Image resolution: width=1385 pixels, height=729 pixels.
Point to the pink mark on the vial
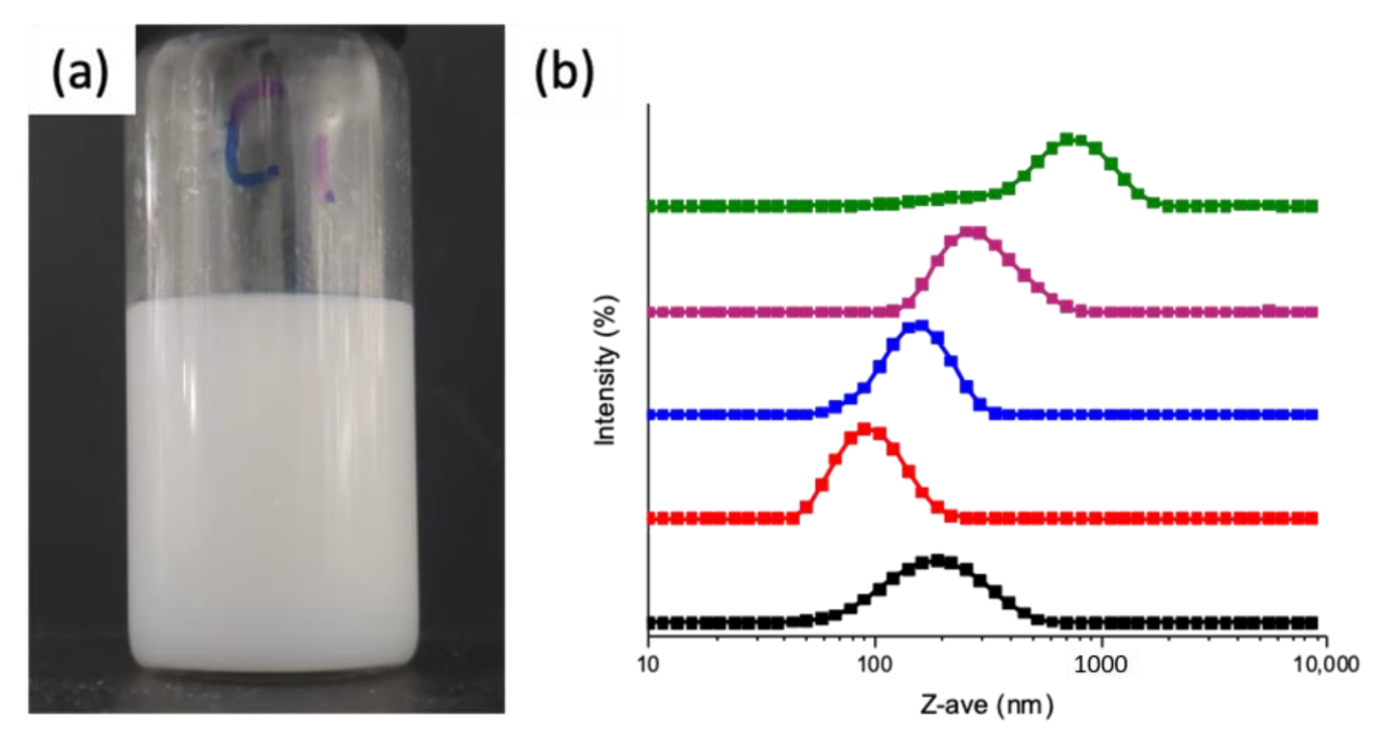[324, 167]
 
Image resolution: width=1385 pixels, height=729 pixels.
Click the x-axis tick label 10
[648, 664]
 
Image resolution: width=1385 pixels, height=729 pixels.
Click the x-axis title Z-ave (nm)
[987, 704]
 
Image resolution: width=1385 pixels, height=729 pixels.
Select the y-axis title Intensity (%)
[606, 371]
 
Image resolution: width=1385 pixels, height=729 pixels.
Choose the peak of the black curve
[937, 560]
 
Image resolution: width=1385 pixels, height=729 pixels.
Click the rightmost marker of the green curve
[1312, 206]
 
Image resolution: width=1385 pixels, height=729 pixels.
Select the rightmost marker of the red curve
[1312, 518]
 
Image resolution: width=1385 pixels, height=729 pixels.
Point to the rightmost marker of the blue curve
[1312, 415]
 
